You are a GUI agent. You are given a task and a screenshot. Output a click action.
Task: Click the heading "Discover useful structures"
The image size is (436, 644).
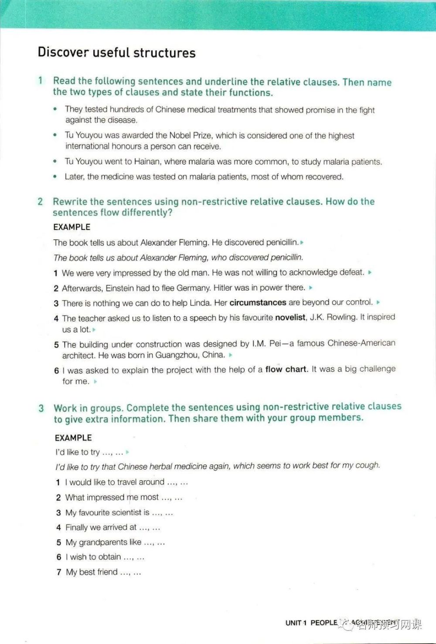click(116, 53)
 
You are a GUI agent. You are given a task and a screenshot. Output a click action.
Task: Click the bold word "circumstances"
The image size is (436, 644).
click(258, 302)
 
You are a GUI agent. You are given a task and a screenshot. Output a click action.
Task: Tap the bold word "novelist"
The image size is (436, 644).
click(290, 318)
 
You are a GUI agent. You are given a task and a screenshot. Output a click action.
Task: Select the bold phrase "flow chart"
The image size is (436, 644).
click(286, 369)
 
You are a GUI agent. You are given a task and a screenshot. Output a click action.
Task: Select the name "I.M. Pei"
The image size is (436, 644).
click(266, 344)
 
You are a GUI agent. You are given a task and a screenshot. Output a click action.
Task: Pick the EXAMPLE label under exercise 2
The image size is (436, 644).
click(72, 227)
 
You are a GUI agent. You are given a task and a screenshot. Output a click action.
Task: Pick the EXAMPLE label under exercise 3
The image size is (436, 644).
click(73, 437)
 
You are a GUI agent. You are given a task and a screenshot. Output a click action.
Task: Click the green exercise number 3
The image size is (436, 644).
click(41, 408)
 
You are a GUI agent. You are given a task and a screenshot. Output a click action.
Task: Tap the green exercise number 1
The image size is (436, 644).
click(41, 81)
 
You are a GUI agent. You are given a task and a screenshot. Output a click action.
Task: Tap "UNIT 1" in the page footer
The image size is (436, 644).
click(296, 623)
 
